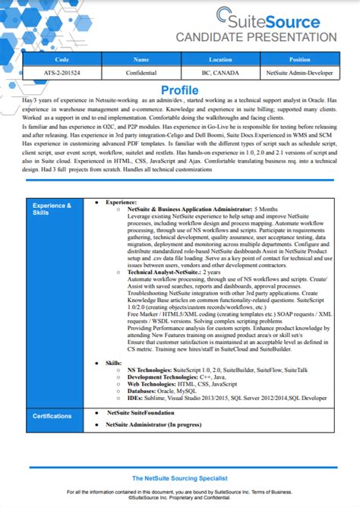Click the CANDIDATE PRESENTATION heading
click(256, 37)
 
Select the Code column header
click(62, 58)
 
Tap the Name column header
click(141, 58)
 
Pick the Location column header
click(220, 58)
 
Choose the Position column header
click(299, 58)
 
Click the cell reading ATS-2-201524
click(62, 73)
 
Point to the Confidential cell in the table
click(141, 73)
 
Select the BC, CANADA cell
click(220, 73)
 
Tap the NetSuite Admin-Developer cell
click(299, 73)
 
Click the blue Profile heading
click(179, 90)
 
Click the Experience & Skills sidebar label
click(52, 209)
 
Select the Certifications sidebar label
click(52, 416)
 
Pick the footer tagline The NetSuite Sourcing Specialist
click(180, 478)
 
